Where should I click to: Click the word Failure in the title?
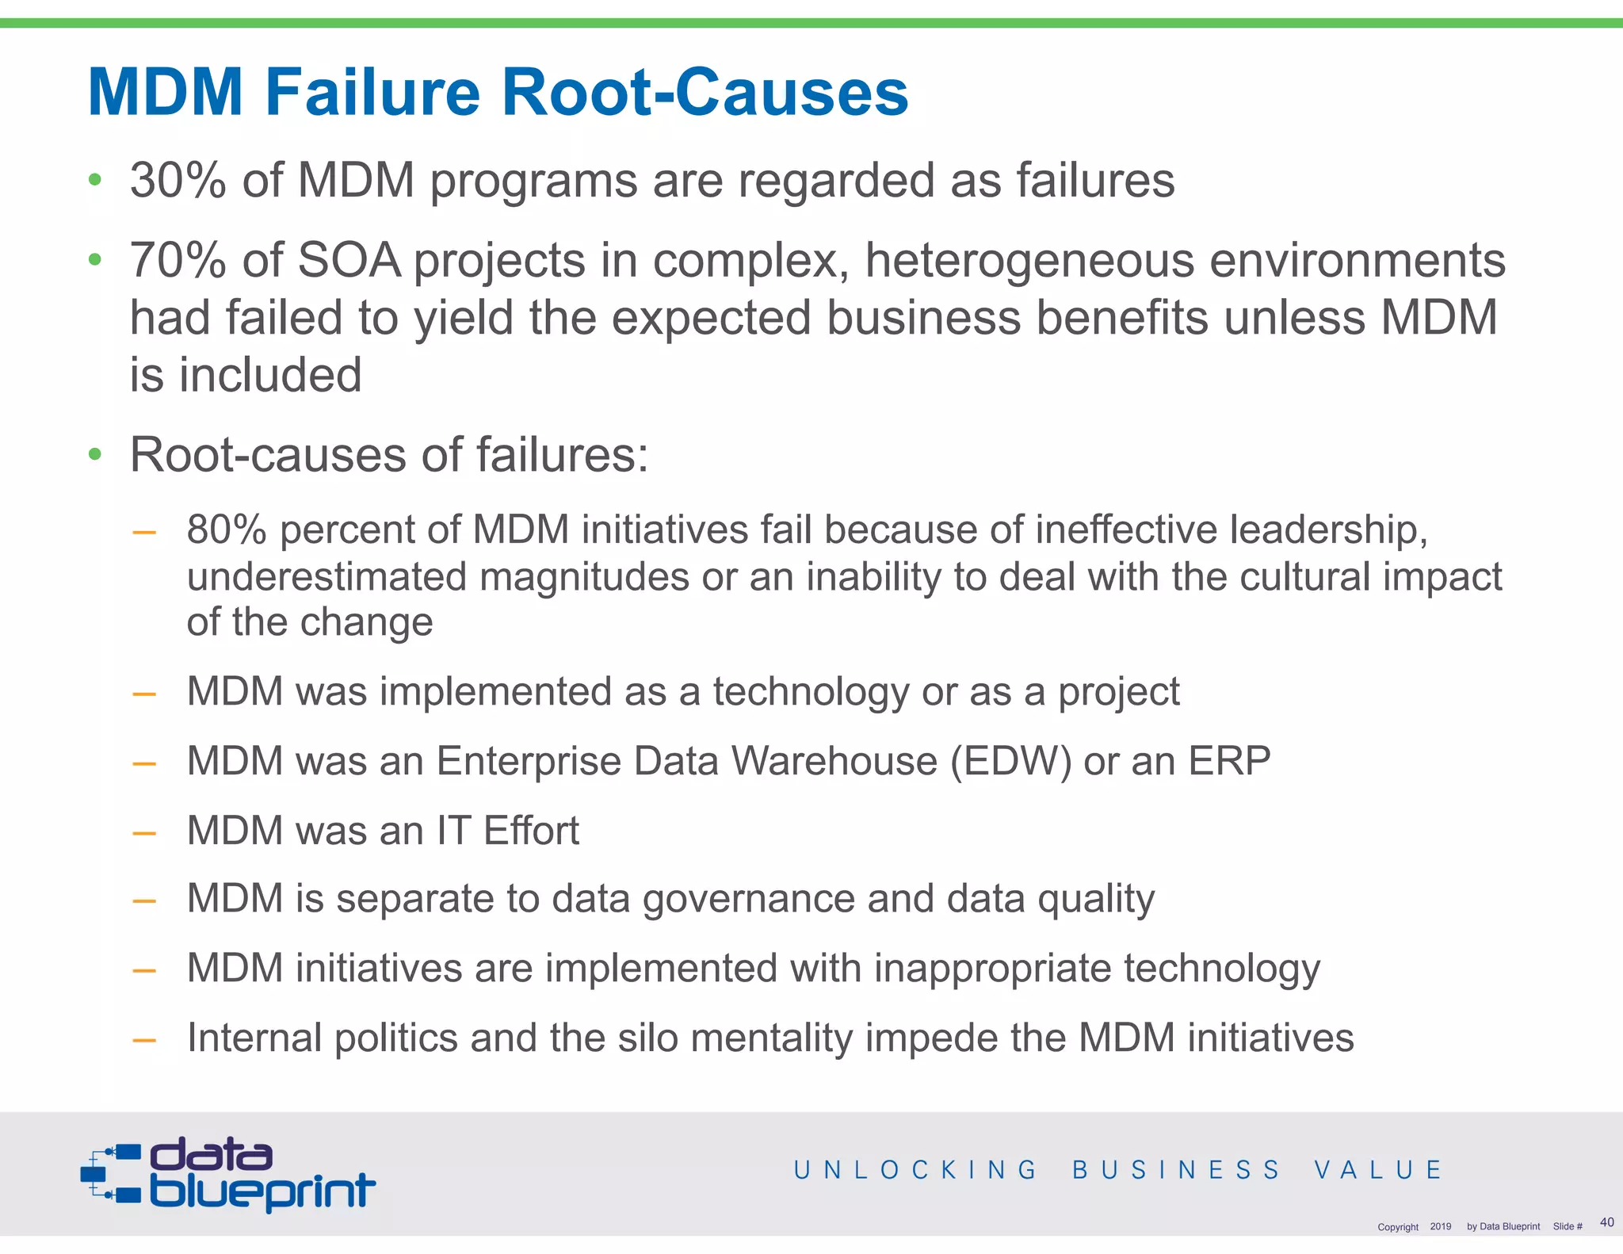[x=372, y=92]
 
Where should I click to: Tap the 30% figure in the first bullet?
[x=178, y=180]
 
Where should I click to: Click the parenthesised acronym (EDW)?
[x=1010, y=761]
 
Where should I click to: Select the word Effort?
[x=531, y=831]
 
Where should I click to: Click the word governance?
[x=748, y=900]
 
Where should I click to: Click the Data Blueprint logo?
[x=228, y=1175]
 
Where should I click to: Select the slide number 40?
[x=1606, y=1222]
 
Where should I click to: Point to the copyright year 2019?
[x=1440, y=1226]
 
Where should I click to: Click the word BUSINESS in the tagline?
[x=1176, y=1170]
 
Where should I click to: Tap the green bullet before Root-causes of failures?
[x=95, y=454]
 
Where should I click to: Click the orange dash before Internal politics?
[x=143, y=1039]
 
